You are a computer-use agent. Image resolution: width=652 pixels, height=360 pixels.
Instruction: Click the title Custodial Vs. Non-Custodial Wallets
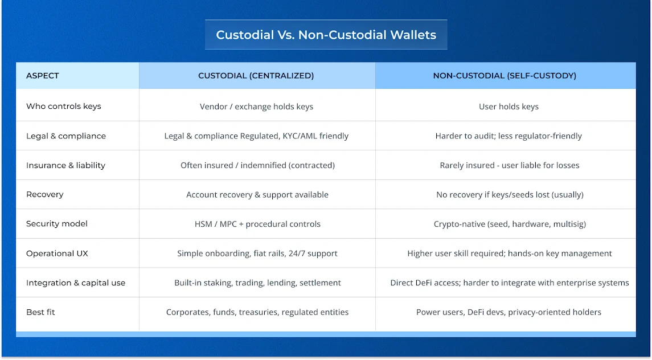point(326,35)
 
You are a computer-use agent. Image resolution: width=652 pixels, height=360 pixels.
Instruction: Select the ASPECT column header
point(43,76)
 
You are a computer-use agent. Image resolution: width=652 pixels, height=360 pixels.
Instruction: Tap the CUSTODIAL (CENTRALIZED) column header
point(256,76)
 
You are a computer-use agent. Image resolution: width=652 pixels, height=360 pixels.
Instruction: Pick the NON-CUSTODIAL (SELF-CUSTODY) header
point(505,76)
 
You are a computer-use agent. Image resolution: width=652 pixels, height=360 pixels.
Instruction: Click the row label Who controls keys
point(64,107)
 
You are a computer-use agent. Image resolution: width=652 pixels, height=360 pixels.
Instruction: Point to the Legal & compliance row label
point(66,136)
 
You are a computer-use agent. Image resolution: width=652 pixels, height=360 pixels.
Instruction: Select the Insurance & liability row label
point(65,165)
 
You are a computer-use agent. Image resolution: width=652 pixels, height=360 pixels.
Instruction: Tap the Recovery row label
point(45,194)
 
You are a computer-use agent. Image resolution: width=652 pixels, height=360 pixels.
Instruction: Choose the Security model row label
point(57,224)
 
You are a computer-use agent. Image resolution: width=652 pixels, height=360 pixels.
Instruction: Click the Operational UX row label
point(57,253)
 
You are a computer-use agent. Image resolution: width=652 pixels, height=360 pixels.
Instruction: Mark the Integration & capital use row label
point(76,283)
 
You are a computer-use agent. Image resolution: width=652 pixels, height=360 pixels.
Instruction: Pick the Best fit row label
point(41,312)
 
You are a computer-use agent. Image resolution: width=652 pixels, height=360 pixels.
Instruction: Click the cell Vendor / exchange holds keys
point(257,107)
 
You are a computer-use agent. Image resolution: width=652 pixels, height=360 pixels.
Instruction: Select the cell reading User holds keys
point(509,107)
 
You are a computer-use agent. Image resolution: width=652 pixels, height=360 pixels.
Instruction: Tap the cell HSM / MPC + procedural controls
point(257,224)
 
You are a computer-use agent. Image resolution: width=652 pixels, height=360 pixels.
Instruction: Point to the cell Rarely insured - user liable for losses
point(510,165)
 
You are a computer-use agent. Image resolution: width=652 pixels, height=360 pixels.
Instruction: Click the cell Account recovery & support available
point(257,194)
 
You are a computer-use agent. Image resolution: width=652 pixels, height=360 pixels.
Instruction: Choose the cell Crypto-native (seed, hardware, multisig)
point(510,224)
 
